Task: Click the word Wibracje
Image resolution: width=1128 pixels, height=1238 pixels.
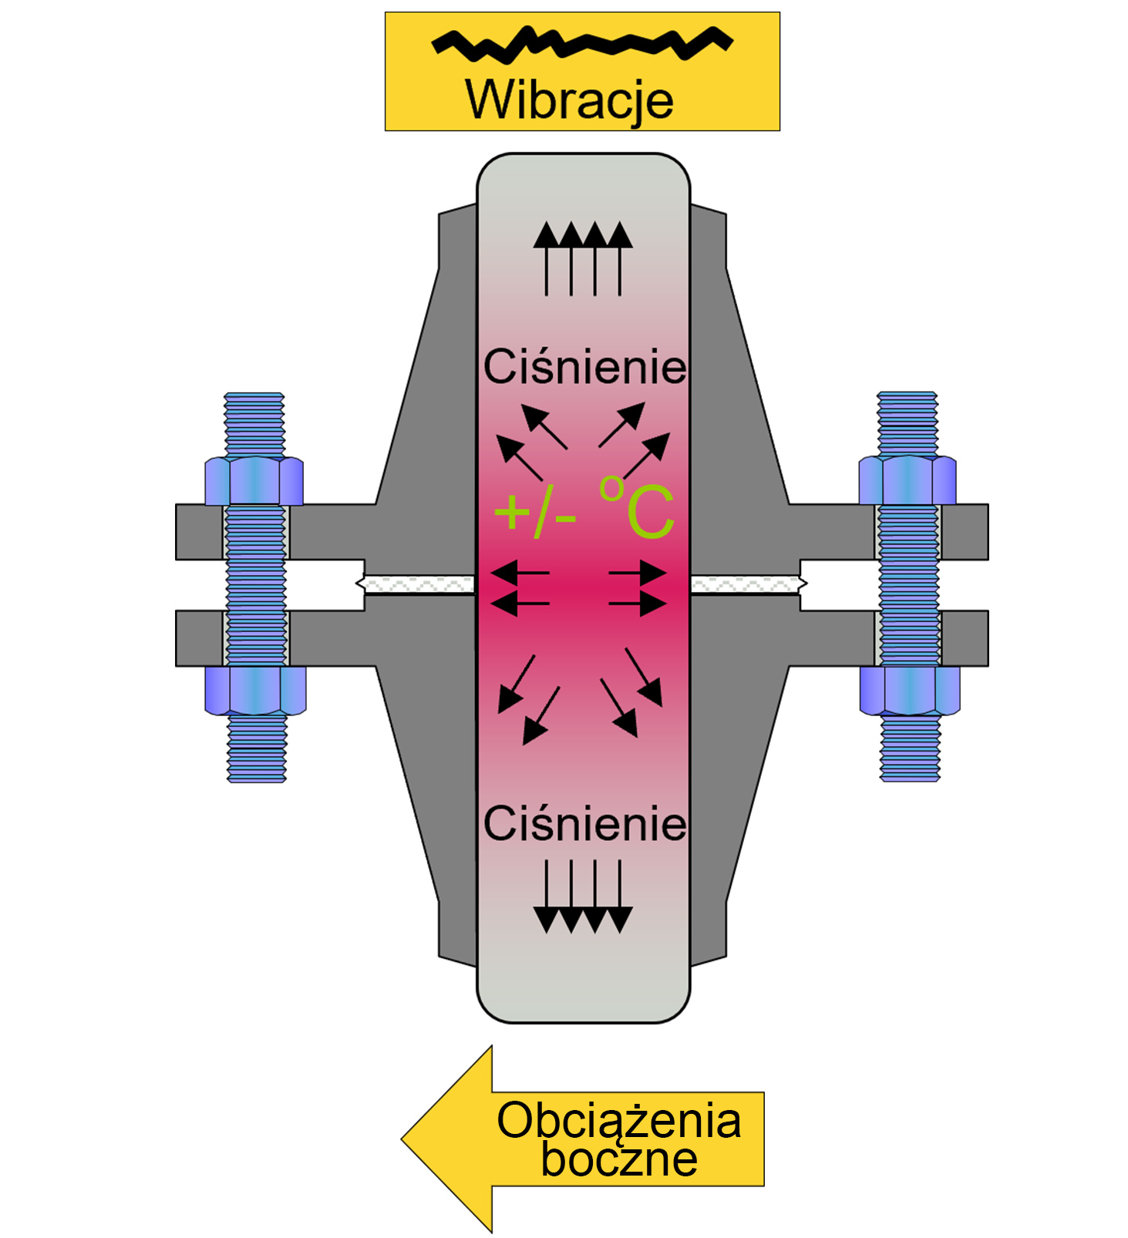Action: coord(569,100)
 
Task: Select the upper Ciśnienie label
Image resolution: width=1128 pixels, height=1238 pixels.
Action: coord(584,367)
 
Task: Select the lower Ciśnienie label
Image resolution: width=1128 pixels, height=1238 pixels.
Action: coord(584,824)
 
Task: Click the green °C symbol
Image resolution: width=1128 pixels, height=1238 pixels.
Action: coord(637,508)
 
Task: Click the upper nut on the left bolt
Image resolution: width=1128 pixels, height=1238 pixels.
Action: coord(254,480)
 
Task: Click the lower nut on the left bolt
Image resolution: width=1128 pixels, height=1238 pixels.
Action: coord(255,690)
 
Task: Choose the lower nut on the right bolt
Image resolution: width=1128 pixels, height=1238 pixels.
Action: coord(910,690)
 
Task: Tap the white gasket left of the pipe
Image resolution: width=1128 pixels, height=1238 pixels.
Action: coord(419,584)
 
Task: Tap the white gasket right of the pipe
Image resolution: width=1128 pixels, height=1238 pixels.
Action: coord(747,584)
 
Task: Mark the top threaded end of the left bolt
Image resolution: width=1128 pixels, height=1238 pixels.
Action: coord(254,423)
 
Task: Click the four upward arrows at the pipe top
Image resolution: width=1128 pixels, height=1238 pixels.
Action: coord(583,258)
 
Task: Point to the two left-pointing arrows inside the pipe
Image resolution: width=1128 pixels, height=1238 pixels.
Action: coord(520,587)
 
